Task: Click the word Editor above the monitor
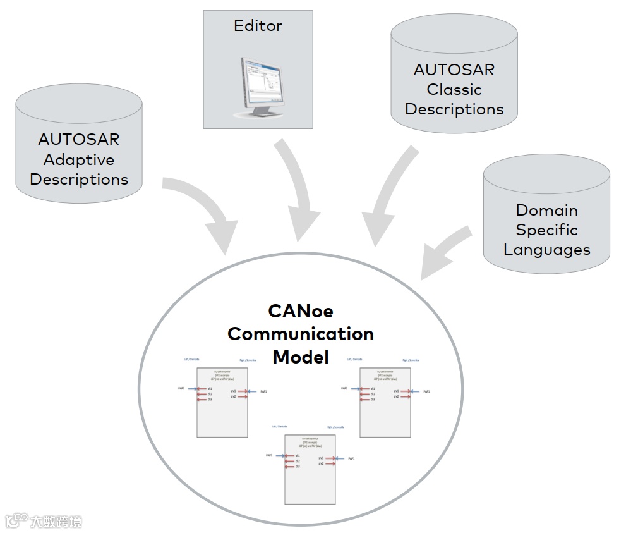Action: click(x=258, y=27)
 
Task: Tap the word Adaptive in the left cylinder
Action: click(x=79, y=159)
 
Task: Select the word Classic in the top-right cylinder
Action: click(x=454, y=89)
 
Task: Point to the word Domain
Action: click(x=546, y=210)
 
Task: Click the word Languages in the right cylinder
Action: click(x=546, y=250)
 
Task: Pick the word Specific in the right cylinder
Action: click(x=546, y=230)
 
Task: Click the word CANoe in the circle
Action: click(x=301, y=311)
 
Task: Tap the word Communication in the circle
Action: click(x=301, y=334)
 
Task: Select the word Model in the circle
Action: click(x=301, y=357)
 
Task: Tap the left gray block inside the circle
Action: click(x=222, y=401)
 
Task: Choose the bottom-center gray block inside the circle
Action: click(x=310, y=468)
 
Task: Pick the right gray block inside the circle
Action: click(x=385, y=401)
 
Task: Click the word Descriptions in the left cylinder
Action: click(x=79, y=180)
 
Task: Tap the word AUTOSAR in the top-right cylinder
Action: click(x=454, y=70)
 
